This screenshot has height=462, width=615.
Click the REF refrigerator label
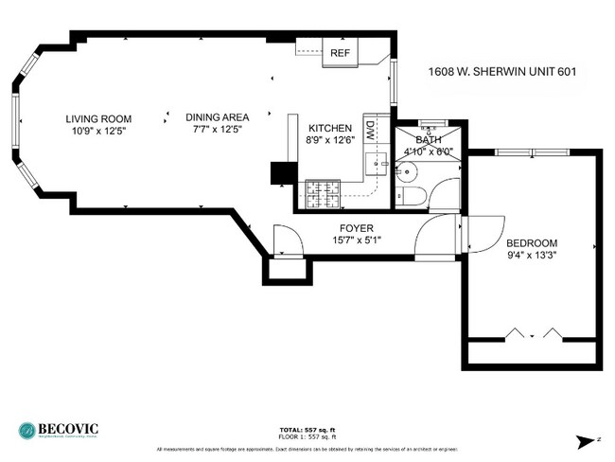[339, 54]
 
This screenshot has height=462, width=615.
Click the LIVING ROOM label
[98, 119]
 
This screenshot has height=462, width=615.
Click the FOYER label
[356, 228]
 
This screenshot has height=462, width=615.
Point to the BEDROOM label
[532, 242]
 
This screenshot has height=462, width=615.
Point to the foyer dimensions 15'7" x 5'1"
[356, 240]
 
